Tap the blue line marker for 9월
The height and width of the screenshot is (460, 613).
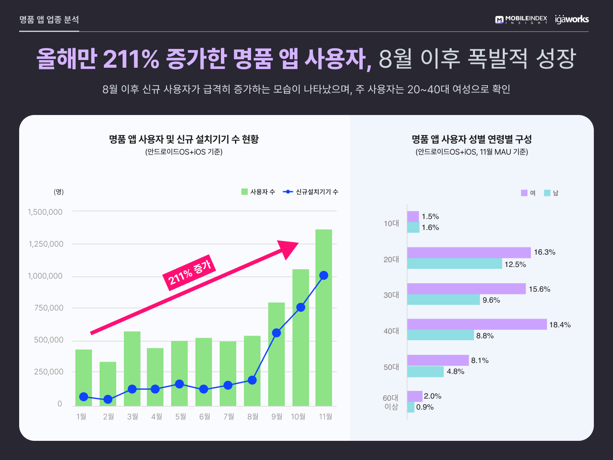[x=276, y=333]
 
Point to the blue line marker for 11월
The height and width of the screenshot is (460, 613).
[x=324, y=276]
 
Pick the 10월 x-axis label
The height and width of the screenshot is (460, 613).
[x=298, y=417]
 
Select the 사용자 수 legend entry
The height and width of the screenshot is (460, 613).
[x=258, y=192]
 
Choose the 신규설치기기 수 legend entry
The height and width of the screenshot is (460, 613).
[x=311, y=192]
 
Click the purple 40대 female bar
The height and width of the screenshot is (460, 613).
[x=477, y=324]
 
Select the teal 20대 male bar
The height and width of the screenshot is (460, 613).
[x=454, y=264]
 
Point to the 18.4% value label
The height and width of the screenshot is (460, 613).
[x=560, y=325]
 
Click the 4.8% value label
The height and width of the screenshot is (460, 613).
[x=455, y=371]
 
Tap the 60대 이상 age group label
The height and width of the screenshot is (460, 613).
[x=391, y=402]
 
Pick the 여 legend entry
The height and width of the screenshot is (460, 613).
[x=528, y=193]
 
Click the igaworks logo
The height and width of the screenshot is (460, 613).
[x=572, y=19]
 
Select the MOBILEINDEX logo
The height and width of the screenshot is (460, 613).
[x=521, y=20]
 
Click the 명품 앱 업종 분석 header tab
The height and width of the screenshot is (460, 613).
[x=49, y=20]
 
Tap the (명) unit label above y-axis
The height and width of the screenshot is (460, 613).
[x=59, y=192]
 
